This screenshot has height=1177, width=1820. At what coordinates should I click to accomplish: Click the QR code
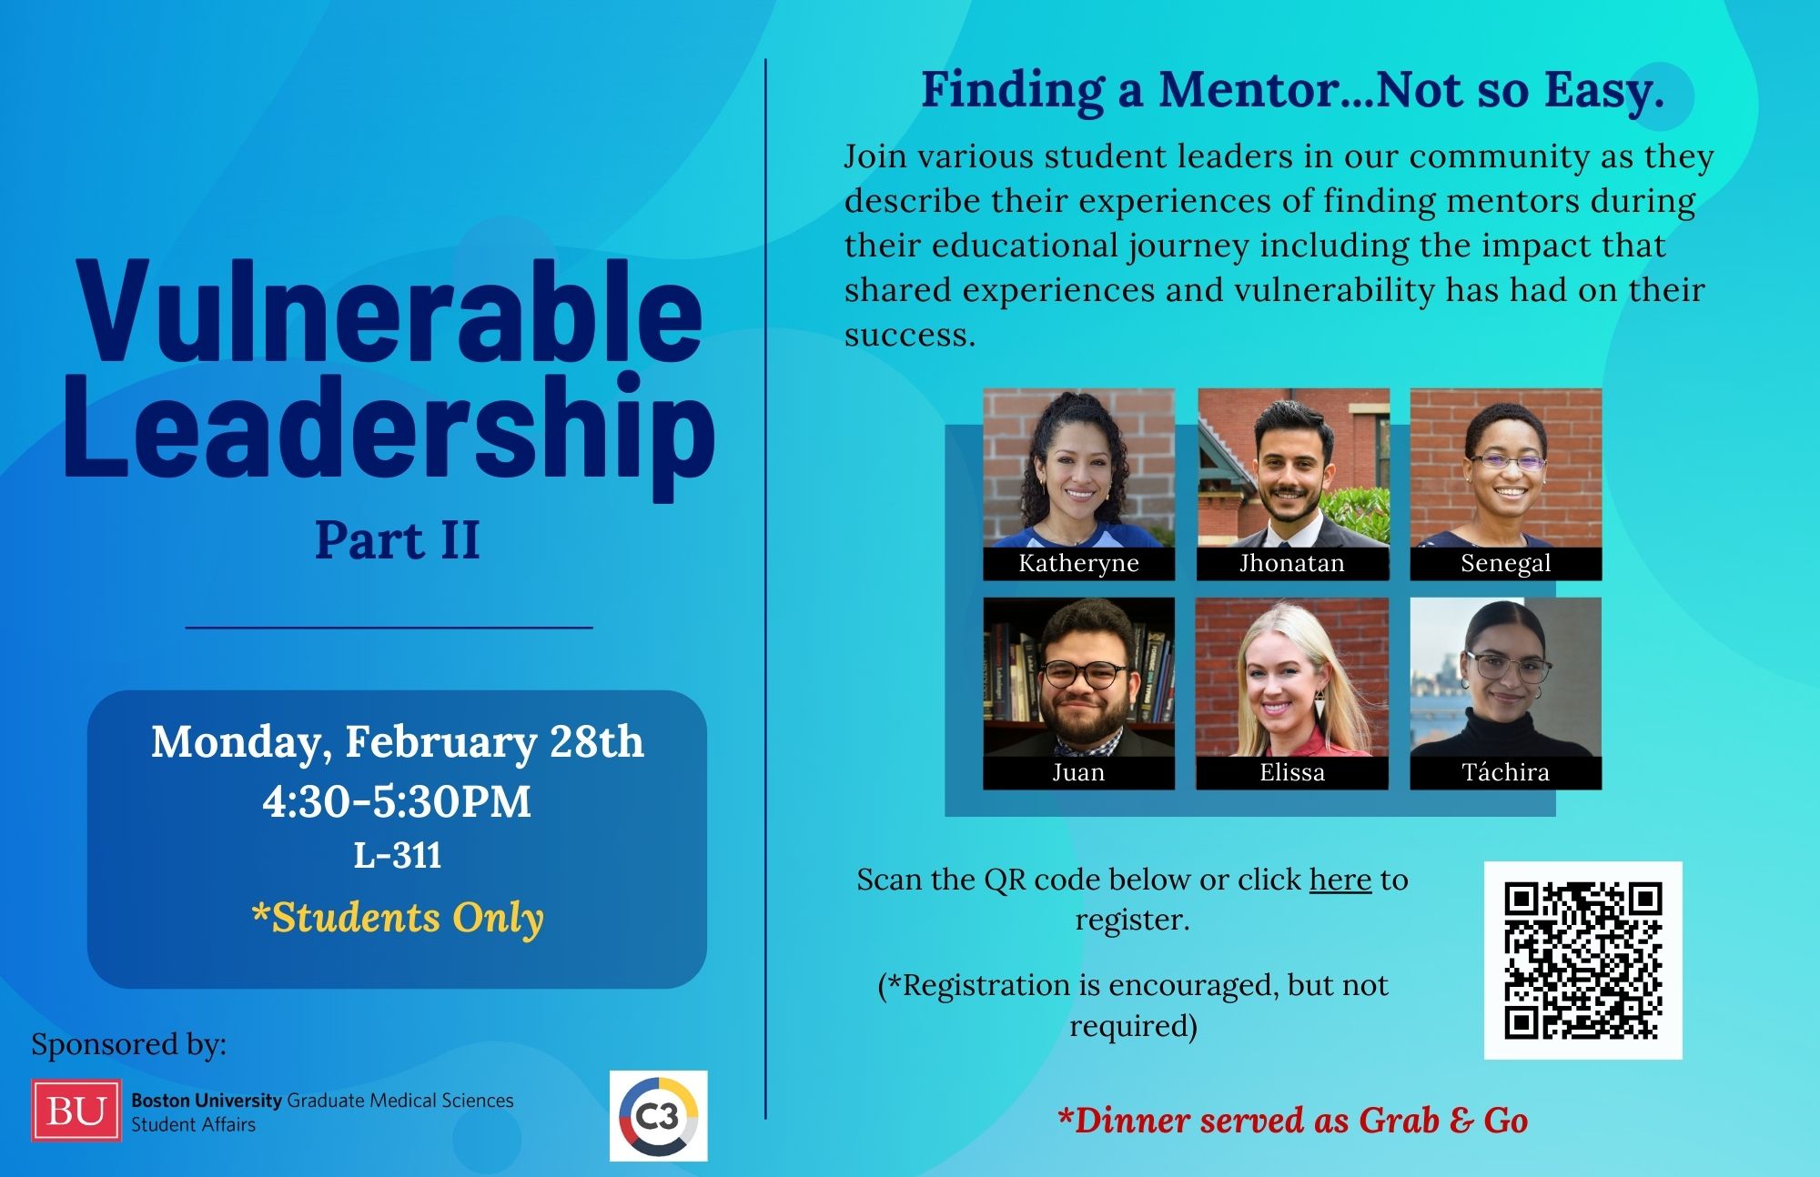[1582, 960]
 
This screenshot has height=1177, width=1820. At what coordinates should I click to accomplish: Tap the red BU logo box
[76, 1111]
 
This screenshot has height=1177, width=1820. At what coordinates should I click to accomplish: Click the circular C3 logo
[659, 1116]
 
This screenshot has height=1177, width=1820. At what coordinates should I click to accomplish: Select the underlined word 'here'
[1340, 880]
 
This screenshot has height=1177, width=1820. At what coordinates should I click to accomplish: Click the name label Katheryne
[1078, 563]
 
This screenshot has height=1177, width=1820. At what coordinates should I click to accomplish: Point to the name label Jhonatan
[1292, 563]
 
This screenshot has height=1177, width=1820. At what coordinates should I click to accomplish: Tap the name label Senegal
[1506, 563]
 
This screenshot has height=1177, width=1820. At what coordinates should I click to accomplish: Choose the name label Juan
[1078, 772]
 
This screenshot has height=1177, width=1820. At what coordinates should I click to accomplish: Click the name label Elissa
[1292, 772]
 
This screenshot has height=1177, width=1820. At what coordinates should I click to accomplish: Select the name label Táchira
[1506, 772]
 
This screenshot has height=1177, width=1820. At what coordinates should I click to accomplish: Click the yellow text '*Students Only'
[398, 917]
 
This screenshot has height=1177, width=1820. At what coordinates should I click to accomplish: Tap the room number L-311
[398, 855]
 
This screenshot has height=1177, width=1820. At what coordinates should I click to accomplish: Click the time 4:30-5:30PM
[397, 801]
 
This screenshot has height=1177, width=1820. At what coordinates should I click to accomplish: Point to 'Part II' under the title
[397, 540]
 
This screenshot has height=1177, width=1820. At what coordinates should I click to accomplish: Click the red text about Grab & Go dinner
[1292, 1121]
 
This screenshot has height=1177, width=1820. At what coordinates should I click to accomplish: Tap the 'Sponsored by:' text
[129, 1044]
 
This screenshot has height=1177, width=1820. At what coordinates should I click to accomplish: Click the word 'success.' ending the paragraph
[910, 335]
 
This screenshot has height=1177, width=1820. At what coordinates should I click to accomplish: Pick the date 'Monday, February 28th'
[398, 742]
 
